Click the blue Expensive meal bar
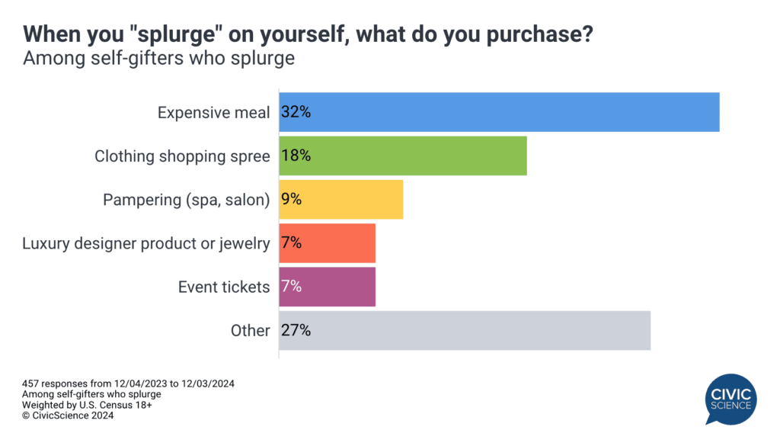(x=499, y=112)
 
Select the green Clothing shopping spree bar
(x=403, y=156)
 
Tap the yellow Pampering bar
(x=340, y=200)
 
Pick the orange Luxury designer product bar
(x=328, y=243)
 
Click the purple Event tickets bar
(x=328, y=287)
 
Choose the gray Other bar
(x=465, y=330)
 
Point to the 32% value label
(x=296, y=112)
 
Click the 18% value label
(x=296, y=156)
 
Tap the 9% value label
(x=292, y=200)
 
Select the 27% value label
(x=296, y=330)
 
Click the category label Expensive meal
(x=213, y=113)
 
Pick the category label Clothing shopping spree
(x=182, y=156)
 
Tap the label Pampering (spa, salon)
(x=187, y=200)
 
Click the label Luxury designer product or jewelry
(x=145, y=243)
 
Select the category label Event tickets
(x=224, y=287)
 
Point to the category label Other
(x=250, y=330)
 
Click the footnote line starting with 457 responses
(x=129, y=383)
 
